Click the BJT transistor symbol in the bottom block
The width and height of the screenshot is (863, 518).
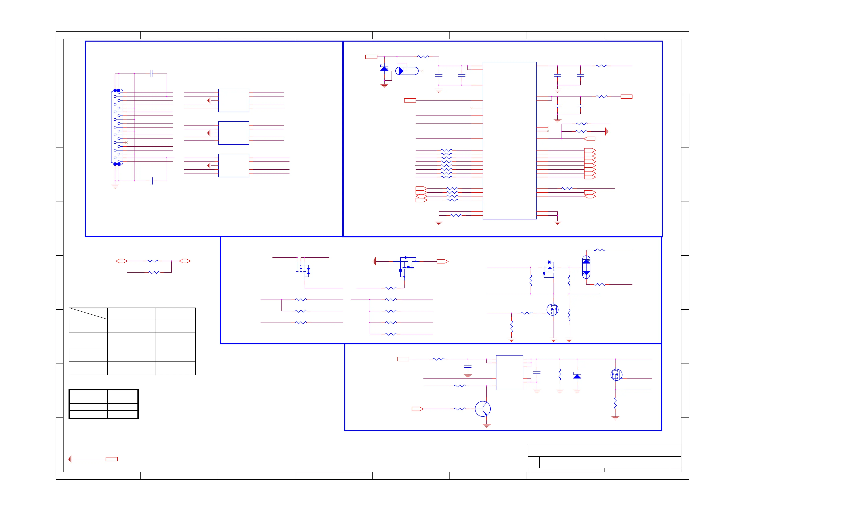coord(483,409)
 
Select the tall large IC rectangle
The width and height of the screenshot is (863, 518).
coord(509,141)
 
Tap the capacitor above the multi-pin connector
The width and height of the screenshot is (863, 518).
coord(151,74)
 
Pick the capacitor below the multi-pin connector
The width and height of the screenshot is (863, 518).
coord(151,181)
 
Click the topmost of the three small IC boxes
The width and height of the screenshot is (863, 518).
coord(234,101)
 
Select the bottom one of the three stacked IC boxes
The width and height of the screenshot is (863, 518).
coord(234,165)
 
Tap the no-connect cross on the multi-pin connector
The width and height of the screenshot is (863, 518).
coord(127,143)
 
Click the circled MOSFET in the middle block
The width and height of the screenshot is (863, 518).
coord(552,309)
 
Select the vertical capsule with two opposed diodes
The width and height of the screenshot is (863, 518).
coord(586,267)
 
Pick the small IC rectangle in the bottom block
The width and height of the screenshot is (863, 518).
coord(509,373)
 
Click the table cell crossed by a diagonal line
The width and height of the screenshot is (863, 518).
coord(88,313)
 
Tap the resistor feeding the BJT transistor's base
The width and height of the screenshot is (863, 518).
coord(460,409)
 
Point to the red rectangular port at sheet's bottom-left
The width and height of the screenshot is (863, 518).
coord(112,459)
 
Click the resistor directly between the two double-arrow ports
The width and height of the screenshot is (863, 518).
coord(152,261)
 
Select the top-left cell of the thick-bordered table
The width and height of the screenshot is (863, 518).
coord(88,396)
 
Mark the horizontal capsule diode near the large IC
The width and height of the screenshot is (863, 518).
coord(407,71)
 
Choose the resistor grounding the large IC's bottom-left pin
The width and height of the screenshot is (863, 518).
coord(456,215)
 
